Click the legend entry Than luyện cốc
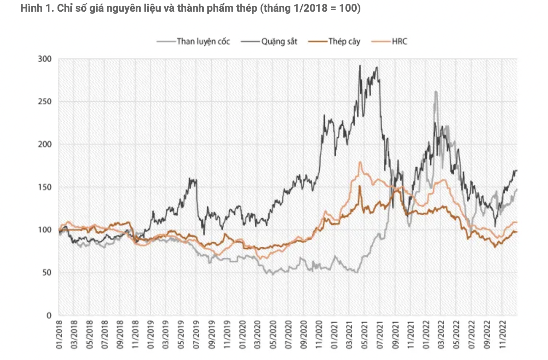tap(203, 42)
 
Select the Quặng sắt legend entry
tap(279, 42)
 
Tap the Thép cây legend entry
tap(344, 42)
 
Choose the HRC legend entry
tap(399, 42)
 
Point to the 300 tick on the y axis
tap(45, 59)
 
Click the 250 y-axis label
tap(45, 102)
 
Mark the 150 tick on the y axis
tap(45, 187)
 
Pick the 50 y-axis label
tap(47, 273)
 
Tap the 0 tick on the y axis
tap(49, 316)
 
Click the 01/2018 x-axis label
tap(59, 334)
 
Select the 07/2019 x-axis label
tap(196, 334)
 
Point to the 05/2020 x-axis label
tap(273, 334)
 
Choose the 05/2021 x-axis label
tap(364, 334)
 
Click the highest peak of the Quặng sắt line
tap(360, 66)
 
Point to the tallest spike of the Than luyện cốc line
tap(436, 92)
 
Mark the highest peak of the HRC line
tap(360, 162)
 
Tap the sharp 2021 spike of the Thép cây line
tap(360, 186)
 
